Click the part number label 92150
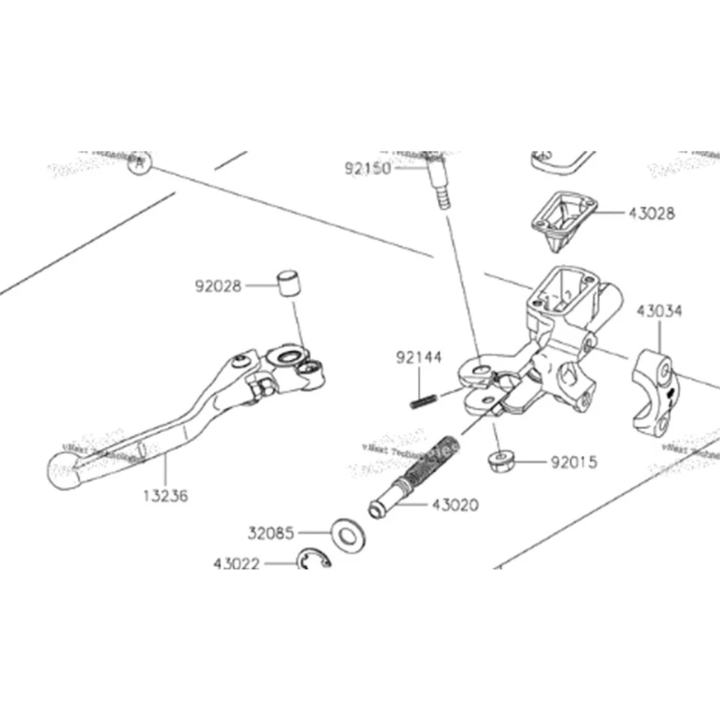[x=367, y=169]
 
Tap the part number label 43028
[x=652, y=213]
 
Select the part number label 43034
[x=660, y=310]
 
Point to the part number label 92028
[x=218, y=286]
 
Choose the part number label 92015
[x=574, y=462]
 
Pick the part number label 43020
[x=454, y=505]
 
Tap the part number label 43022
[x=236, y=562]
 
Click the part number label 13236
[x=165, y=496]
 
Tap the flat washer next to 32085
[x=346, y=535]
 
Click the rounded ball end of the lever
[x=63, y=471]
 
